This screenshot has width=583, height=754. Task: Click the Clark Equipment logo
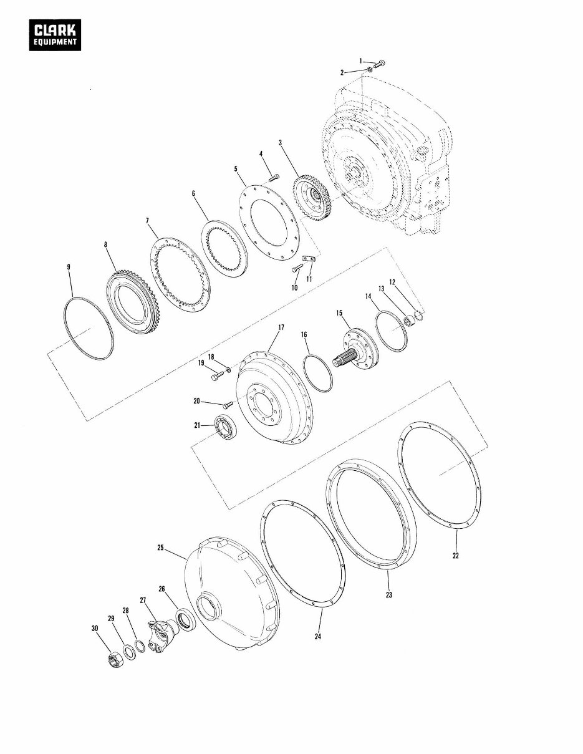tap(55, 35)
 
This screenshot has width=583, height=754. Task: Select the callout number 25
tap(160, 548)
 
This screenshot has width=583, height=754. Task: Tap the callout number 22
tap(455, 556)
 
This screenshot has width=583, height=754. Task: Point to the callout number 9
tap(69, 267)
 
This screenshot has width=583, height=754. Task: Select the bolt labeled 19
tap(218, 375)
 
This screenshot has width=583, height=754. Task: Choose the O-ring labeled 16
tap(318, 373)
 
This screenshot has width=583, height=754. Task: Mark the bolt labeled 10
tap(297, 268)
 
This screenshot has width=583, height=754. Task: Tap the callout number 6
tap(194, 194)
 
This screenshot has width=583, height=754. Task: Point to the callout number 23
tap(388, 595)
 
